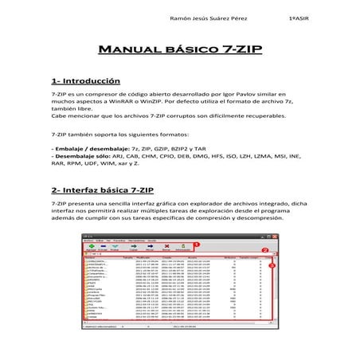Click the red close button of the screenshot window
(279, 237)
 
